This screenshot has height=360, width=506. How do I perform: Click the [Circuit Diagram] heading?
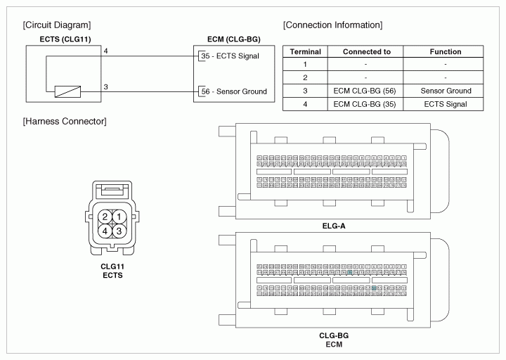(56, 25)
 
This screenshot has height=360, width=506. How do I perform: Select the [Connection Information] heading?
(332, 25)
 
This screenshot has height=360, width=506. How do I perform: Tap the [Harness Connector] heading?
(65, 122)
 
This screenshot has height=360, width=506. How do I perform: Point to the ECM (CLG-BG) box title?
(233, 39)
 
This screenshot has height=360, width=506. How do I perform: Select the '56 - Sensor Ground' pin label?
(233, 91)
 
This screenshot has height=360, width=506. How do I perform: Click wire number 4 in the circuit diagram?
(105, 51)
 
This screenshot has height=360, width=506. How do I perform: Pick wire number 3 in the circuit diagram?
(105, 87)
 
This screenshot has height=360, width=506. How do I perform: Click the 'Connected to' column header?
(366, 52)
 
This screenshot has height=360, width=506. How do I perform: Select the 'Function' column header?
(446, 52)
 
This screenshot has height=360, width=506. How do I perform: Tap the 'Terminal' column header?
(306, 52)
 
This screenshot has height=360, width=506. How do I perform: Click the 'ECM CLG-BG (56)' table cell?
(366, 91)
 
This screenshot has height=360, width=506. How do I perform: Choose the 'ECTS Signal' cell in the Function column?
(446, 105)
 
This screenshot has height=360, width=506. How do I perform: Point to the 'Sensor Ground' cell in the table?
(446, 91)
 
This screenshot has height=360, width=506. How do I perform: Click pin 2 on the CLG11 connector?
(105, 217)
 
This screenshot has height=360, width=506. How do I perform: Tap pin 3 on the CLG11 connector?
(119, 231)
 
